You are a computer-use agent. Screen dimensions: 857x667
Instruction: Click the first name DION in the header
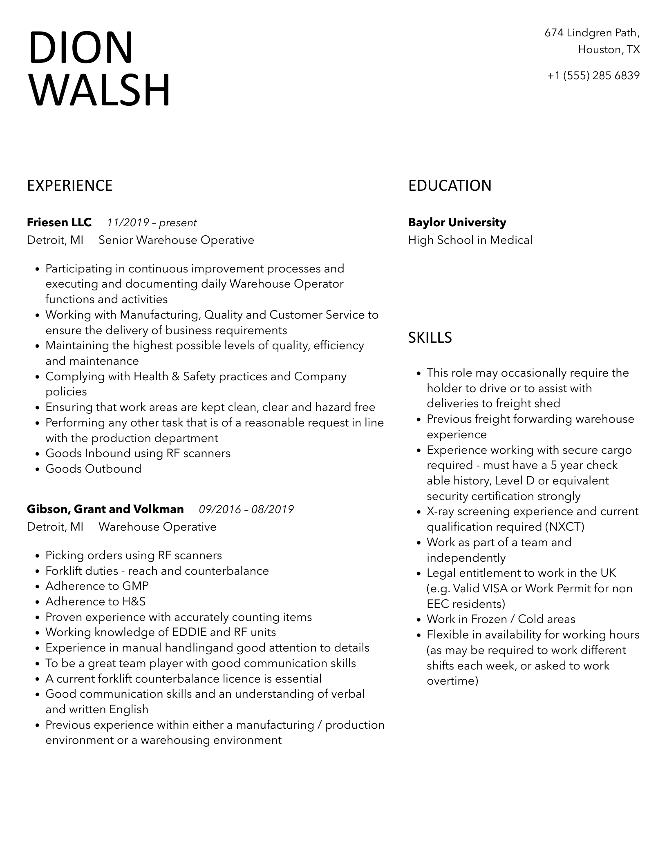click(x=81, y=48)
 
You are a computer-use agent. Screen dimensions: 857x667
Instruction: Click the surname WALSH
click(x=99, y=90)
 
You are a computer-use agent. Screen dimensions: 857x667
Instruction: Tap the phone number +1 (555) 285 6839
click(x=593, y=76)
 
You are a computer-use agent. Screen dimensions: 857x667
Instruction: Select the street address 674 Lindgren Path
click(x=592, y=33)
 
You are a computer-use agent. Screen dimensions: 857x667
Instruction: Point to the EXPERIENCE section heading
click(x=69, y=186)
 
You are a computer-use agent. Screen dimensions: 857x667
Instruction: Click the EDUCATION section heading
click(x=450, y=186)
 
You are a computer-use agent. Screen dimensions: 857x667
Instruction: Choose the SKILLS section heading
click(x=430, y=338)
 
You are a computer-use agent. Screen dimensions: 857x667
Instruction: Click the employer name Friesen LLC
click(x=59, y=223)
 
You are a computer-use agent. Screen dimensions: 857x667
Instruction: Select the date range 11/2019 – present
click(x=152, y=223)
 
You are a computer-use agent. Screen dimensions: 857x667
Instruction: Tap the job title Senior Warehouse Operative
click(x=176, y=240)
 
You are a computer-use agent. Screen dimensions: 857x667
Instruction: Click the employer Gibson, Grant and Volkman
click(x=105, y=509)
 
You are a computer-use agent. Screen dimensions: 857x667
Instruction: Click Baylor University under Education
click(x=457, y=223)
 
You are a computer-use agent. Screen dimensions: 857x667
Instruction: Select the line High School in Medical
click(x=470, y=240)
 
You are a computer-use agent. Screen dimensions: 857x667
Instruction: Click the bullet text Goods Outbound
click(x=93, y=469)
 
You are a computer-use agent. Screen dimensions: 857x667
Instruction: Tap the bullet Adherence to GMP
click(x=97, y=586)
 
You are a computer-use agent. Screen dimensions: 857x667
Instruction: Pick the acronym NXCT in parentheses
click(x=564, y=527)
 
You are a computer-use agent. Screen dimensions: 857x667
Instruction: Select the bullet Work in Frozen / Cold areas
click(x=501, y=619)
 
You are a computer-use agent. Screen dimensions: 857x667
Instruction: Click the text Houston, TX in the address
click(x=609, y=50)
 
